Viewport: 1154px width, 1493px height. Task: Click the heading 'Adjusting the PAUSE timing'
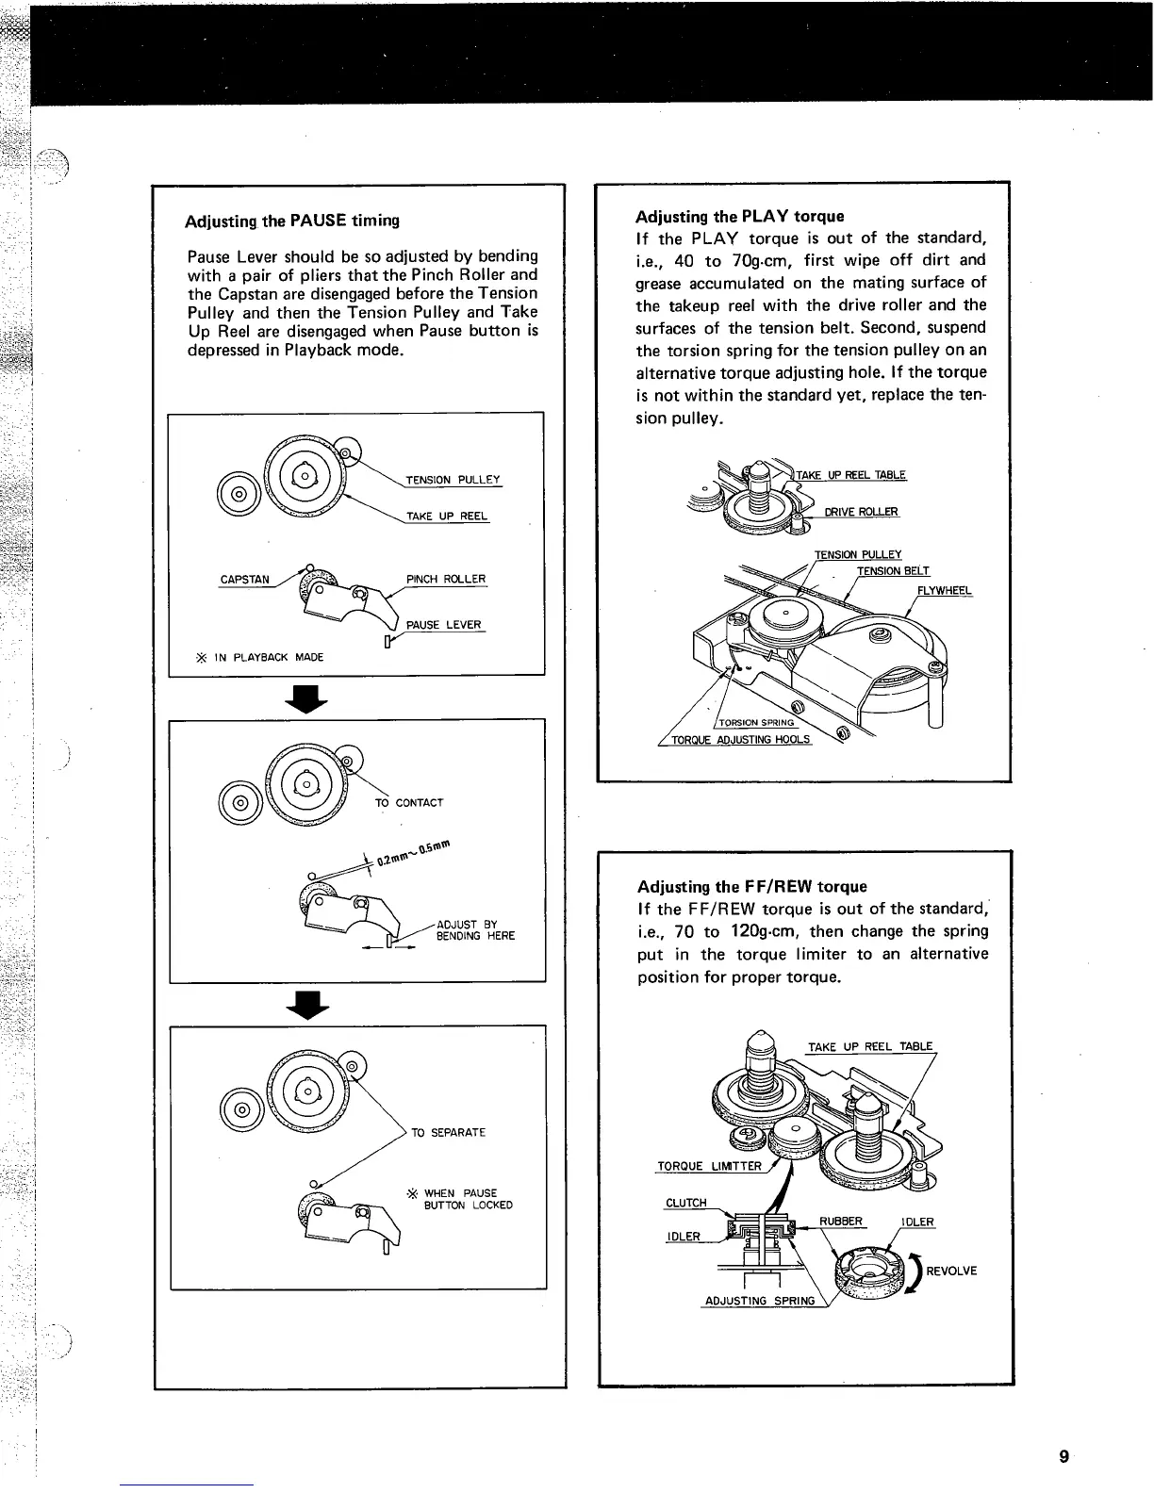pyautogui.click(x=292, y=221)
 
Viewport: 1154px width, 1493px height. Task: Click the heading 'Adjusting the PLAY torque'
pyautogui.click(x=740, y=215)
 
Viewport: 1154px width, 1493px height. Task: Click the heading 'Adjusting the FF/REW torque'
pyautogui.click(x=751, y=886)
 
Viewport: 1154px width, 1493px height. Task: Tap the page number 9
pyautogui.click(x=1063, y=1456)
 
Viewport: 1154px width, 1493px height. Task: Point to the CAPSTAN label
pyautogui.click(x=244, y=580)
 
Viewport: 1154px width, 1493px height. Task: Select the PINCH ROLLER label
pyautogui.click(x=445, y=579)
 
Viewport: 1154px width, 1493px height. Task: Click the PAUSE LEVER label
pyautogui.click(x=443, y=625)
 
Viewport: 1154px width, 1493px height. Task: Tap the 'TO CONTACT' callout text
pyautogui.click(x=408, y=803)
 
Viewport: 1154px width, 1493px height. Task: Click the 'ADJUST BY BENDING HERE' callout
pyautogui.click(x=475, y=930)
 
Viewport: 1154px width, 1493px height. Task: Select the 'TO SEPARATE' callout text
pyautogui.click(x=448, y=1132)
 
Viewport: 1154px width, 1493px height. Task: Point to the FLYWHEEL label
pyautogui.click(x=945, y=592)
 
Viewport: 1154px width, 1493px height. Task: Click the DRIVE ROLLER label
pyautogui.click(x=861, y=512)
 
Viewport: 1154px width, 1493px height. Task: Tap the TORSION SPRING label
pyautogui.click(x=757, y=724)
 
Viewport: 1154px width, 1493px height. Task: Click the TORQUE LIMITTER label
pyautogui.click(x=709, y=1167)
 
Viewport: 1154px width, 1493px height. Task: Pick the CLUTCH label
pyautogui.click(x=685, y=1203)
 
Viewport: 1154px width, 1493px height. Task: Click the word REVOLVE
pyautogui.click(x=951, y=1271)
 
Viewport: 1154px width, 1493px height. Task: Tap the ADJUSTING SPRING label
pyautogui.click(x=759, y=1302)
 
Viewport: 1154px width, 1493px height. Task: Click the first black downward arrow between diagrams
pyautogui.click(x=311, y=697)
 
